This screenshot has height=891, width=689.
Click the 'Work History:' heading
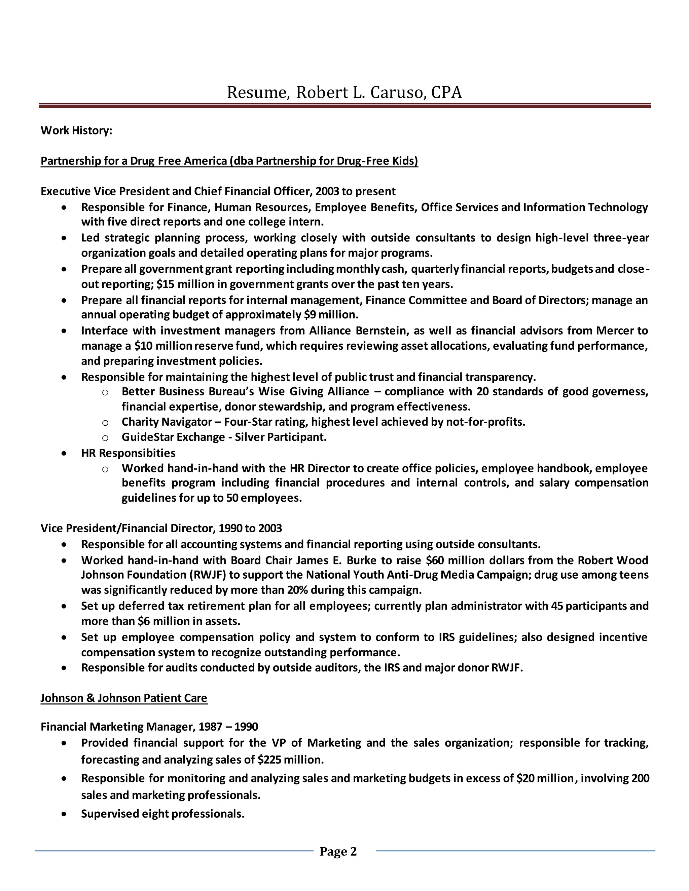(x=76, y=130)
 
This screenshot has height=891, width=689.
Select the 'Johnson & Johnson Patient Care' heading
(x=124, y=698)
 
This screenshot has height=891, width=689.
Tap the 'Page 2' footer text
(x=338, y=851)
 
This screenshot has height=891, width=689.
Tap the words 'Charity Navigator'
(x=167, y=422)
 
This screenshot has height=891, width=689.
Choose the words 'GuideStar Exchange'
(x=173, y=437)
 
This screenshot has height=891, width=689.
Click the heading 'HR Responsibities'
(x=128, y=453)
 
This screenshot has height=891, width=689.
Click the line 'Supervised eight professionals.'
(x=162, y=814)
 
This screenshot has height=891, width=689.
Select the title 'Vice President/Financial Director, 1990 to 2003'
(x=161, y=528)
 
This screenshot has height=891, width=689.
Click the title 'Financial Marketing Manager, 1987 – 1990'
(x=149, y=727)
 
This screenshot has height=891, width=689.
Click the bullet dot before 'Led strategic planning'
(x=64, y=238)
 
